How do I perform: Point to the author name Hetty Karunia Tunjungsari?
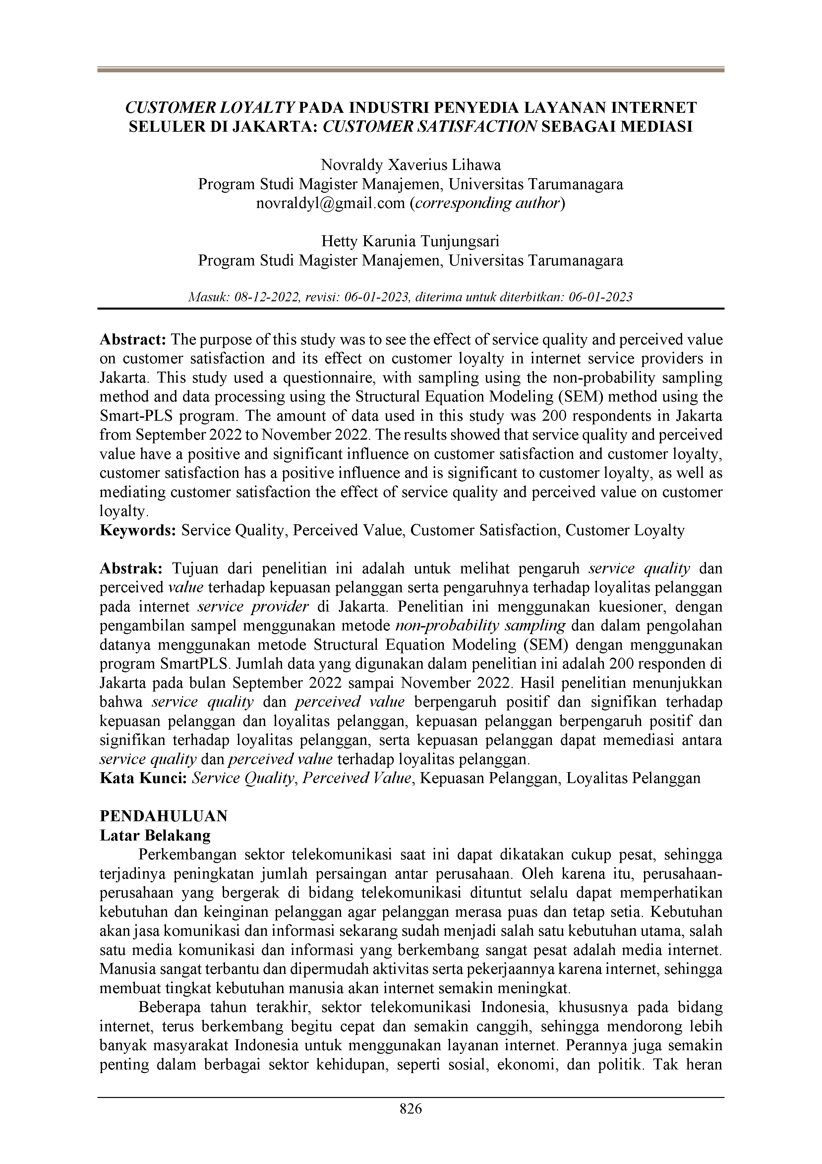[411, 241]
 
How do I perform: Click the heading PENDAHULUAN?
[164, 816]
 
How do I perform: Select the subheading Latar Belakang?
[155, 835]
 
